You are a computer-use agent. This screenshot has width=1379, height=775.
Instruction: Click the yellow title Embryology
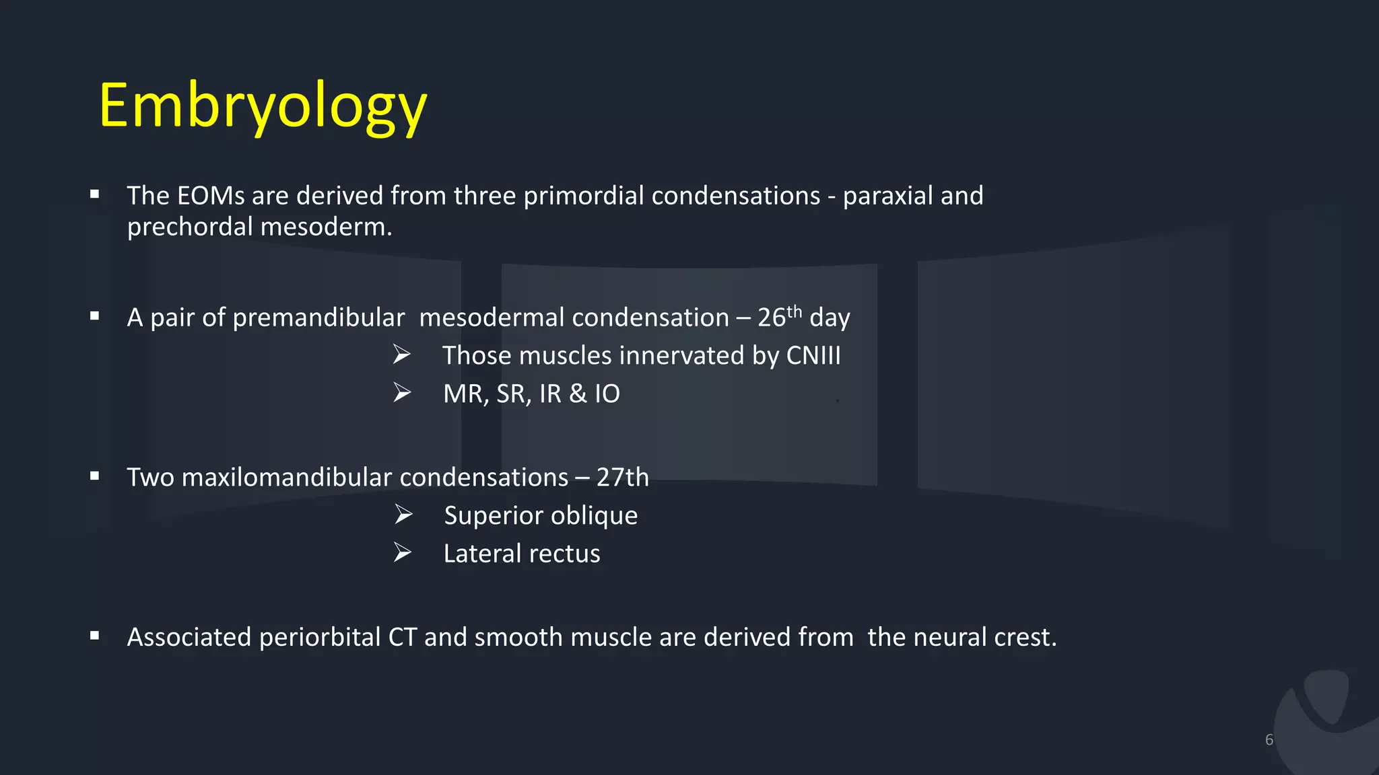tap(263, 106)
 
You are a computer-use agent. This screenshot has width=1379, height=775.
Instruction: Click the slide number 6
tap(1269, 740)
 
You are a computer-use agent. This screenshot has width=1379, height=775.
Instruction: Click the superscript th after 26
tap(795, 311)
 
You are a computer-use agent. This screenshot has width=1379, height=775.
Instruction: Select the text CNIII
tap(813, 356)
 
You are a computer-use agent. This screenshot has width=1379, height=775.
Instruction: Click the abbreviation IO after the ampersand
tap(607, 394)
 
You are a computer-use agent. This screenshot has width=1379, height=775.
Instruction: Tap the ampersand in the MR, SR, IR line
tap(577, 394)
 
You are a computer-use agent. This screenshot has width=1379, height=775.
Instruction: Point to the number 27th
tap(622, 478)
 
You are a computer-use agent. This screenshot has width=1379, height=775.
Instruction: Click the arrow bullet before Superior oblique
tap(403, 515)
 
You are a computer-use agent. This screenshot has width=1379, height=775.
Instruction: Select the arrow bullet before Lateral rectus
tap(403, 553)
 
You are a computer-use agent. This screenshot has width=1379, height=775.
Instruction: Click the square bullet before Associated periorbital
tap(95, 635)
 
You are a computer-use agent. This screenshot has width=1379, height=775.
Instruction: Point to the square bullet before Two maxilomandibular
tap(95, 476)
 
